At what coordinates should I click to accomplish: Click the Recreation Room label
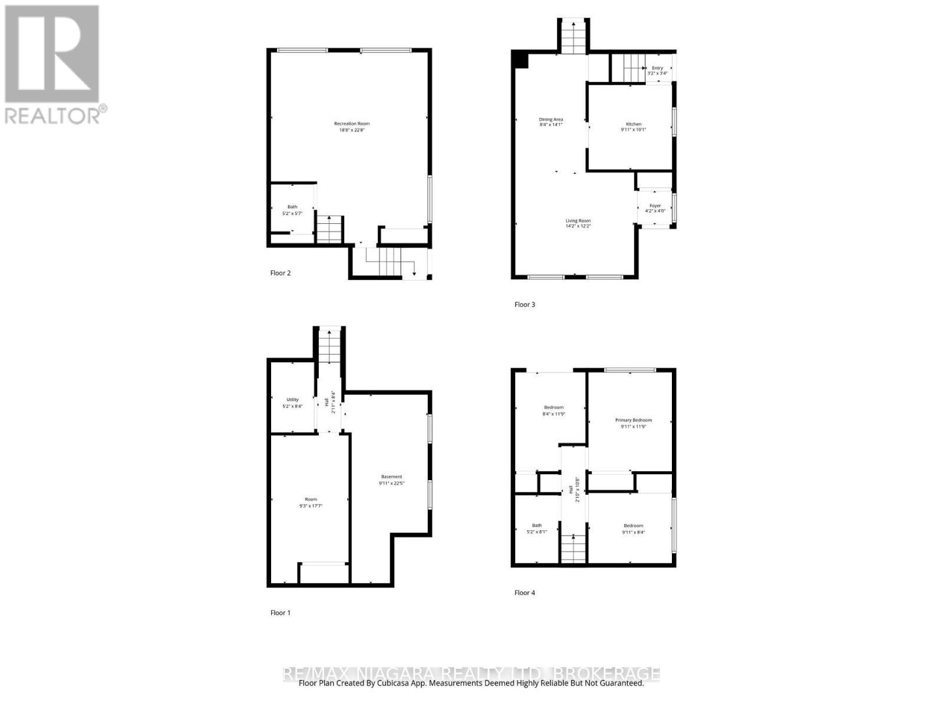[x=352, y=124]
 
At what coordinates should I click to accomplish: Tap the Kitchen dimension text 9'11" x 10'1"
[x=634, y=130]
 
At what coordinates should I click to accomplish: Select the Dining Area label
[x=551, y=120]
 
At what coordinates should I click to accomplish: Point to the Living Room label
[x=578, y=221]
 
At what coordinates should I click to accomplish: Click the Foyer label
[x=655, y=206]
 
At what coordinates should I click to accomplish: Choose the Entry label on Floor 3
[x=657, y=68]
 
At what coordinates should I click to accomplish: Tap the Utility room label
[x=293, y=399]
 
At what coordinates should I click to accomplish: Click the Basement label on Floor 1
[x=391, y=477]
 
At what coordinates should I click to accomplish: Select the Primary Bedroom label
[x=634, y=420]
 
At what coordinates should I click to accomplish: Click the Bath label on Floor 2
[x=292, y=207]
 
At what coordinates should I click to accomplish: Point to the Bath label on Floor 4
[x=537, y=526]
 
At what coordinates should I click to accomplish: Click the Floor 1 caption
[x=281, y=613]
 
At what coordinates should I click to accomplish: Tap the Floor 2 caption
[x=281, y=273]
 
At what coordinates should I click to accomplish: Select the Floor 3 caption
[x=525, y=305]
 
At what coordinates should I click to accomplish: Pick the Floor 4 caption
[x=525, y=593]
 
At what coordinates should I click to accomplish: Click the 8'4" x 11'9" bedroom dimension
[x=554, y=414]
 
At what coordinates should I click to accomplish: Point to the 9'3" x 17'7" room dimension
[x=311, y=506]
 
